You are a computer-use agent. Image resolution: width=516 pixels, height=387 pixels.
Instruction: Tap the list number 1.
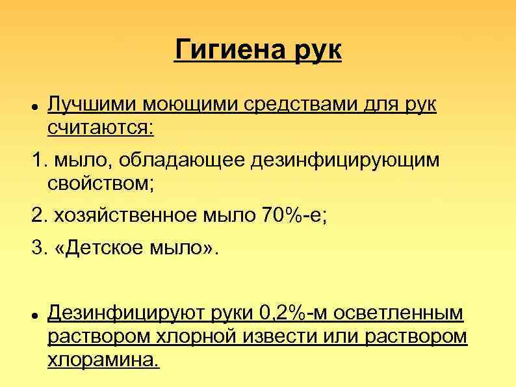tap(37, 160)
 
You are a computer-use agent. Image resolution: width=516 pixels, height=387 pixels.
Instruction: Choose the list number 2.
tap(38, 215)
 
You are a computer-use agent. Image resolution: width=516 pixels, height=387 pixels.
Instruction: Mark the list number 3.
tap(38, 248)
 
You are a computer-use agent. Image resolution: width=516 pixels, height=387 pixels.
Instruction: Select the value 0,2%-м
tap(286, 314)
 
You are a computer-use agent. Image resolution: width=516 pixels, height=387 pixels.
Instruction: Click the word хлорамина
tap(103, 359)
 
